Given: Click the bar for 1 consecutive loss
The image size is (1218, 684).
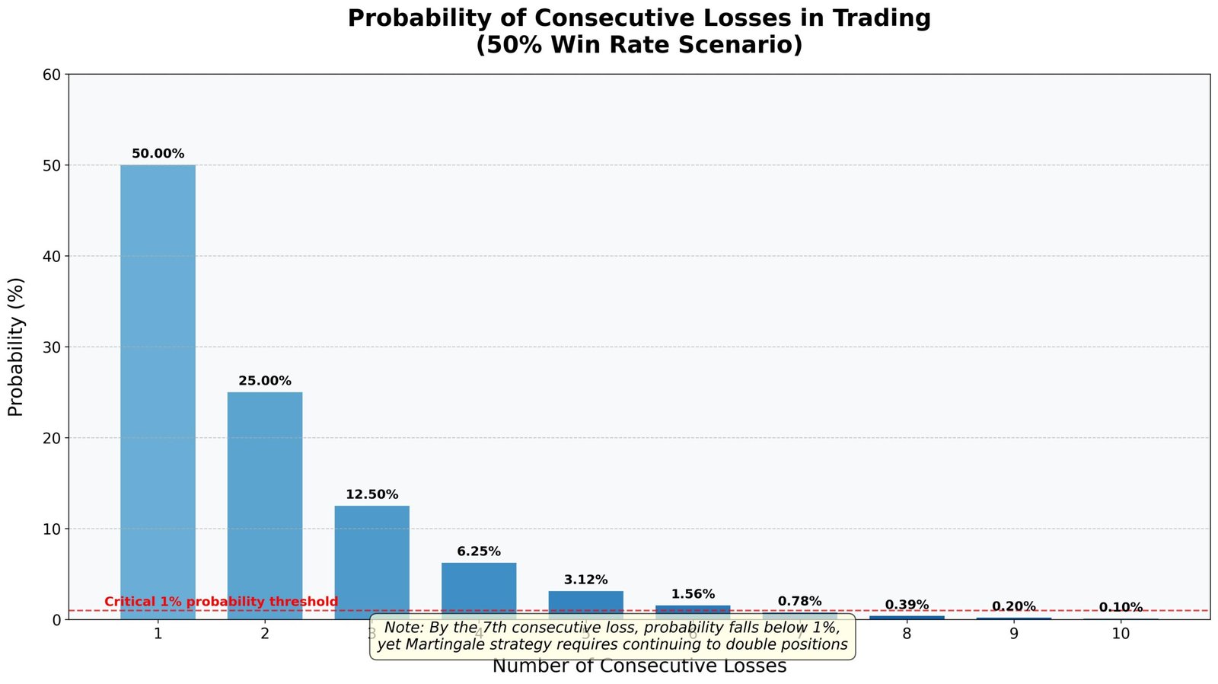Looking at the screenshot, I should (x=158, y=392).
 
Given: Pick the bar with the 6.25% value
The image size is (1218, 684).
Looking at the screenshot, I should (x=479, y=590).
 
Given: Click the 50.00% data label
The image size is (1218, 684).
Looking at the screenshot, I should (x=158, y=154).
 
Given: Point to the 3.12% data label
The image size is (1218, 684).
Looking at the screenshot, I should (x=585, y=580).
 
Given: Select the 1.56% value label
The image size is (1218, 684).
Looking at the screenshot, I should (x=693, y=594).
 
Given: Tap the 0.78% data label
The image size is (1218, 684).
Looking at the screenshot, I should (x=799, y=602).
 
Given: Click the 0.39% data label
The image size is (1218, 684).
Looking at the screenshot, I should (x=907, y=605).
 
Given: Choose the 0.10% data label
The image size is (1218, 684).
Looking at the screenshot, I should (x=1121, y=607).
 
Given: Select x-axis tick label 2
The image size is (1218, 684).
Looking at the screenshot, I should (x=265, y=633).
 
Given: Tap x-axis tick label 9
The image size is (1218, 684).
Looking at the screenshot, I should (x=1014, y=633).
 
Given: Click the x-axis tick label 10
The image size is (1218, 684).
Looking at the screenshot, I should (x=1121, y=633).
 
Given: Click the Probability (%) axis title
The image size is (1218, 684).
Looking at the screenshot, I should (x=17, y=347).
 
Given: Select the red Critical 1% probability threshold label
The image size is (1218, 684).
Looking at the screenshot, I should (x=221, y=602).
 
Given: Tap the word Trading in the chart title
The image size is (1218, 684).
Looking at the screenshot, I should (x=879, y=18).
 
